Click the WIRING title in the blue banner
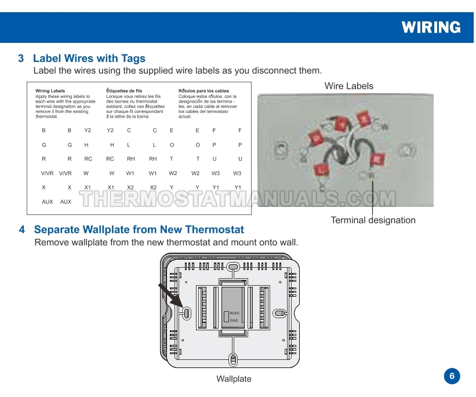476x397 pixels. (x=431, y=27)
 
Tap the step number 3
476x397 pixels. (x=21, y=59)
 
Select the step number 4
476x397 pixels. (x=22, y=230)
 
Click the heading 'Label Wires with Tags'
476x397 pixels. (x=89, y=59)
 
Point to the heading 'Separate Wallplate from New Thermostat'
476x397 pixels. (x=139, y=230)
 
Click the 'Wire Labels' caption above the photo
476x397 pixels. (x=349, y=86)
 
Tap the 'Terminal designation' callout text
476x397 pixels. (x=373, y=220)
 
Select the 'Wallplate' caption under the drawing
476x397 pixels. (x=234, y=379)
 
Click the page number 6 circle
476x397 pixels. (x=452, y=376)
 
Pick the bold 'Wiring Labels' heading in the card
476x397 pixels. (x=50, y=91)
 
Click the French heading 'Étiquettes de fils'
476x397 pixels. (x=125, y=91)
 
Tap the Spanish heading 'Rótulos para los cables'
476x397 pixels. (x=204, y=91)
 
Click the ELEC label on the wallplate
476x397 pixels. (x=234, y=313)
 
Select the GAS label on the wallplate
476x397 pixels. (x=234, y=320)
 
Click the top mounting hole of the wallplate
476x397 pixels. (x=232, y=267)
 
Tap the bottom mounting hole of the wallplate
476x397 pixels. (x=233, y=359)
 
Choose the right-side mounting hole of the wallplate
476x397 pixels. (x=279, y=313)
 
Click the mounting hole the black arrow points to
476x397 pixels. (x=187, y=313)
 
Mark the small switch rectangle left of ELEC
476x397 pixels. (x=226, y=316)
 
